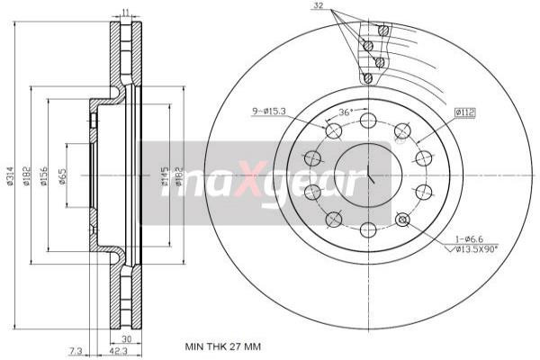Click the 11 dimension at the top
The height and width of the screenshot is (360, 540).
point(125,12)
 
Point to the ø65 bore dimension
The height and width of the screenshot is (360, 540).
point(61,176)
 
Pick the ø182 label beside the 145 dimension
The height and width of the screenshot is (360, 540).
point(179,180)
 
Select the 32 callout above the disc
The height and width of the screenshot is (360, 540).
point(317,5)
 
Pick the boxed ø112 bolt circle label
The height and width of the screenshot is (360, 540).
point(463,112)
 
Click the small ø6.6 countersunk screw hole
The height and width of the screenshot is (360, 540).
point(402,220)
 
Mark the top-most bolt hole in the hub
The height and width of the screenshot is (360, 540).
point(367,121)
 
